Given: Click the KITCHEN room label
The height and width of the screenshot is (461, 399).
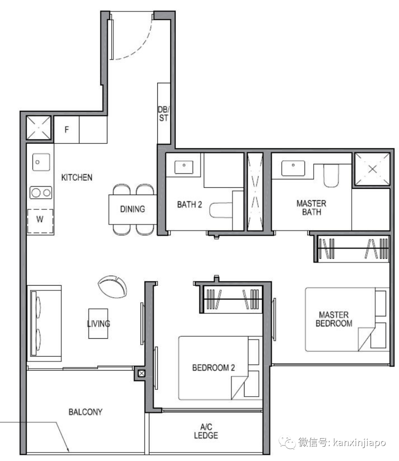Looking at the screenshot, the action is [x=77, y=178].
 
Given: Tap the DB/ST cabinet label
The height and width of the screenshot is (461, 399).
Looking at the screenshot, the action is [x=164, y=114].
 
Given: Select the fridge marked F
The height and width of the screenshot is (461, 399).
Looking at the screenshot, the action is [x=66, y=130].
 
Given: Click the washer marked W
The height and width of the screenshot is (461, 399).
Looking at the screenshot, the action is [x=40, y=221].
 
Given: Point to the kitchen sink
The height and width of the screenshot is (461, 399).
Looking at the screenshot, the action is [x=41, y=162].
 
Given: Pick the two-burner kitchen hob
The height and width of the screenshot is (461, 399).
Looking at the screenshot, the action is [x=41, y=193].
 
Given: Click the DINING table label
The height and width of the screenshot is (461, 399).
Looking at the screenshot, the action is [x=133, y=209].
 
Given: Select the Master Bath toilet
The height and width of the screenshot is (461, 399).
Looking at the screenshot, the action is [x=331, y=176].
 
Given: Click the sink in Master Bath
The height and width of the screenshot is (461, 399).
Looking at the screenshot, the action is [x=293, y=168].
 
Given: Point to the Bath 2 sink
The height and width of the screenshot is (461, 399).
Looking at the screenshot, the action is [x=184, y=167].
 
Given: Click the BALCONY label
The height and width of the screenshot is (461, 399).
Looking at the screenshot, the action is [x=86, y=412].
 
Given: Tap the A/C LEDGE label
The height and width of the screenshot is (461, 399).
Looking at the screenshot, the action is [x=206, y=431].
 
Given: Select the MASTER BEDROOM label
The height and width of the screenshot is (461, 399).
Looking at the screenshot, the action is [x=334, y=319].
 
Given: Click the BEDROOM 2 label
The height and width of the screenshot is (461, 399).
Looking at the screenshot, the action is [x=214, y=368].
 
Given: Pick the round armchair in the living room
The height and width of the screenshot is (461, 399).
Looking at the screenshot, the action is [x=112, y=287].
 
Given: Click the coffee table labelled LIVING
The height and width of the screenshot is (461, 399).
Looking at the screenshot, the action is [x=98, y=324].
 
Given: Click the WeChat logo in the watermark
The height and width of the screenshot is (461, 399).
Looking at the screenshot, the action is [x=287, y=443].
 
